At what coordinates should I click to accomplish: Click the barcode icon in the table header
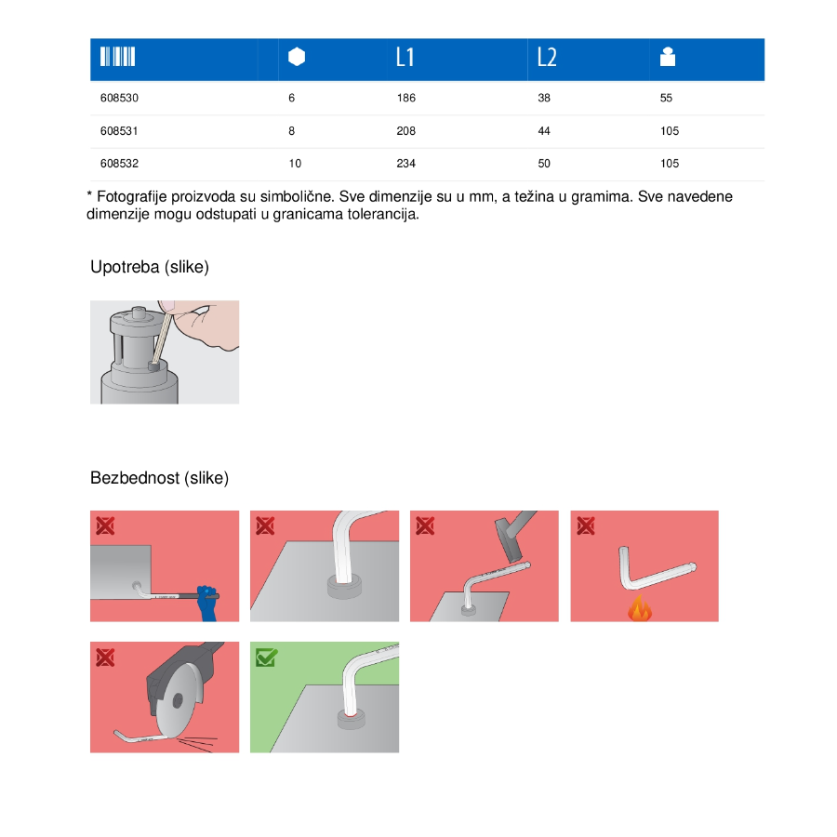(x=117, y=57)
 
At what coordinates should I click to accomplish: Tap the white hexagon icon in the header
(x=297, y=57)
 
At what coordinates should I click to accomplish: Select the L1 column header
(x=405, y=57)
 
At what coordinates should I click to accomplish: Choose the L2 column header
(x=547, y=57)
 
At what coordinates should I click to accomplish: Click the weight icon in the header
(x=667, y=57)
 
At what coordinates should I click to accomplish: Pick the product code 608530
(x=119, y=98)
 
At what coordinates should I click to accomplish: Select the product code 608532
(x=119, y=164)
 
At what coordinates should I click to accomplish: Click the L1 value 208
(x=405, y=131)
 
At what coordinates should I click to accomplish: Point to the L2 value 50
(x=544, y=164)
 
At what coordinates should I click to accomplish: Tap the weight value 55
(x=666, y=98)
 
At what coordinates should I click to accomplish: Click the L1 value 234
(x=405, y=164)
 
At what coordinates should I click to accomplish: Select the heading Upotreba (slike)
(x=150, y=267)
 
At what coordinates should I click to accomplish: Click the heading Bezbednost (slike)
(x=159, y=478)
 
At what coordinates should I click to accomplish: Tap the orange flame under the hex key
(x=640, y=608)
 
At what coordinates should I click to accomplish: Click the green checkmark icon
(x=266, y=658)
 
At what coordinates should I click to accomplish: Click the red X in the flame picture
(x=586, y=525)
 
